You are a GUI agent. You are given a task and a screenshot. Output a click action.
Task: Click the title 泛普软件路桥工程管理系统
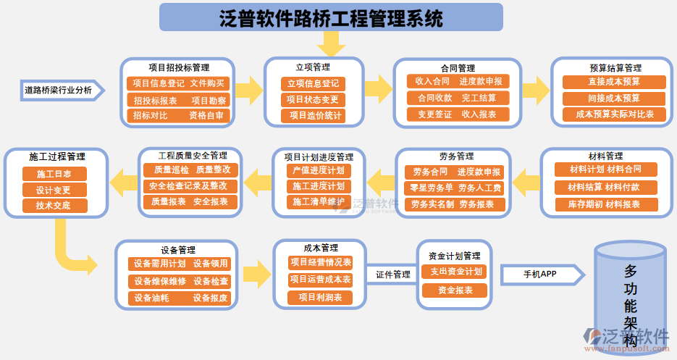coord(331,17)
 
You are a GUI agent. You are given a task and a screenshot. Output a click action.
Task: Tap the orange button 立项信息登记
coord(313,84)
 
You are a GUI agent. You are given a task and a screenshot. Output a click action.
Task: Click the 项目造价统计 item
coord(313,115)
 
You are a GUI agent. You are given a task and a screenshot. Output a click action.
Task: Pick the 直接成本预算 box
coord(614,82)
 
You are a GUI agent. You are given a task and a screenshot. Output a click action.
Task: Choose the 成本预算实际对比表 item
coord(614,114)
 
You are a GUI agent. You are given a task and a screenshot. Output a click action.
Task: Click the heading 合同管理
coord(458,68)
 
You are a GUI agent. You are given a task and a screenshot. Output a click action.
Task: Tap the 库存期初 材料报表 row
coord(607,204)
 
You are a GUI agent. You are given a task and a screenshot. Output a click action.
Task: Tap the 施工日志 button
coord(54,174)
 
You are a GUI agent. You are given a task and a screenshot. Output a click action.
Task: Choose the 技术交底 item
coord(54,206)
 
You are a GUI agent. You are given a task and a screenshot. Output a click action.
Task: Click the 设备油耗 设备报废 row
coord(180,298)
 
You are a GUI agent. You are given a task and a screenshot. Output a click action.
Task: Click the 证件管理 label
coord(392,275)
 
